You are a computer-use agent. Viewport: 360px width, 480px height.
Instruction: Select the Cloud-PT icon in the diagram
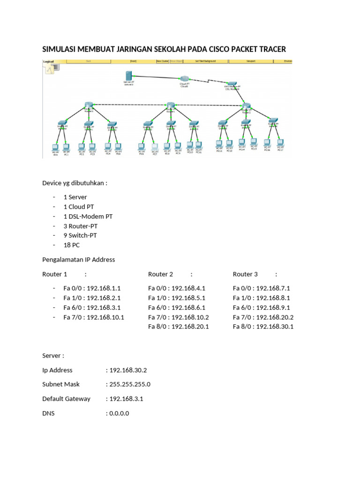coord(184,79)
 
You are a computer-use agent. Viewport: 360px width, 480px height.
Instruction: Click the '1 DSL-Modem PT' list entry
coord(88,217)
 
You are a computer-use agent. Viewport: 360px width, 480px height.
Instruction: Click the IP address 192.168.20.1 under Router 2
coord(190,326)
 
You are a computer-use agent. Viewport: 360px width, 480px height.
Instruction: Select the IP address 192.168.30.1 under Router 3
coord(275,326)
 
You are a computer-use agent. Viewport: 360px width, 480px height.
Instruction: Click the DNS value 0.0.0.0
coord(119,413)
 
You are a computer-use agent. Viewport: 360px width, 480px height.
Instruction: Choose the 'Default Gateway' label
coord(66,398)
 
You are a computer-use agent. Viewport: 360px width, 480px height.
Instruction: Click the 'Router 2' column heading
coord(161,274)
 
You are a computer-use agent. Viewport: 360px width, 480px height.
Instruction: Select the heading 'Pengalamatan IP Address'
coord(78,259)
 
